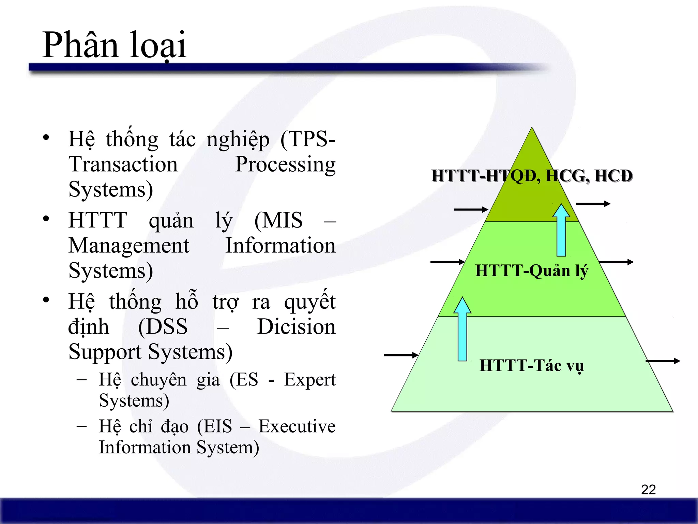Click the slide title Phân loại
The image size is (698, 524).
coord(114,45)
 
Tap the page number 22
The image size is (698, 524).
coord(648,490)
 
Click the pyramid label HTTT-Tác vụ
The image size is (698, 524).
coord(531,366)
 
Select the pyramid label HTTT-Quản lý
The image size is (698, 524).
coord(531,271)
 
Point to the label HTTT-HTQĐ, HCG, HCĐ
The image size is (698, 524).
coord(532,176)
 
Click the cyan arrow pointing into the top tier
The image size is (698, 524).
coord(561,230)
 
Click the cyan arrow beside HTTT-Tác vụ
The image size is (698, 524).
coord(462,329)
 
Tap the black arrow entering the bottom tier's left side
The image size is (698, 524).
coord(401,355)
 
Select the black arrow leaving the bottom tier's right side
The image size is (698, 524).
coord(663,361)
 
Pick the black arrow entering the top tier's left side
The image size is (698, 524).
coord(471,209)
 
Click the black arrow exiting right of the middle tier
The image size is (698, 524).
coord(616,262)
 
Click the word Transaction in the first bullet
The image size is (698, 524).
coord(123,164)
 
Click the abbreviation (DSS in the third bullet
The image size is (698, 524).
coord(163,327)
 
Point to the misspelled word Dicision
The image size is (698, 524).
coord(296,327)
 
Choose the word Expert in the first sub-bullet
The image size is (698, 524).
coord(310,380)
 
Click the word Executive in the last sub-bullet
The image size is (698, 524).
coord(297,426)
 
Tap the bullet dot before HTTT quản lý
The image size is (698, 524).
coord(46,219)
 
